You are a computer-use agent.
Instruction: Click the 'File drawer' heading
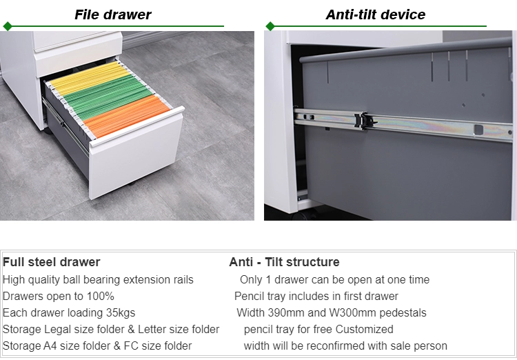(113, 14)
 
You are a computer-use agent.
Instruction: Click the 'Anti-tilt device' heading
(376, 14)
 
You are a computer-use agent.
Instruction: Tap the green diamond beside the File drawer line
(8, 26)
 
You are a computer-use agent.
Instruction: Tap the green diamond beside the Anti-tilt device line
(270, 26)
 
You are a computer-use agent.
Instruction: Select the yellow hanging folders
(89, 78)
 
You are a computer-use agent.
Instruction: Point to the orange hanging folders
(127, 116)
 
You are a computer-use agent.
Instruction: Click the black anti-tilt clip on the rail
(365, 121)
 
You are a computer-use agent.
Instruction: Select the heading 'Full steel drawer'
(52, 262)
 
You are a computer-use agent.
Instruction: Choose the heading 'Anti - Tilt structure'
(284, 262)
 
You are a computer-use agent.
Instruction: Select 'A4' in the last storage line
(50, 346)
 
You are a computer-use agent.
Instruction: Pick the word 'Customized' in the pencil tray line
(365, 330)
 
